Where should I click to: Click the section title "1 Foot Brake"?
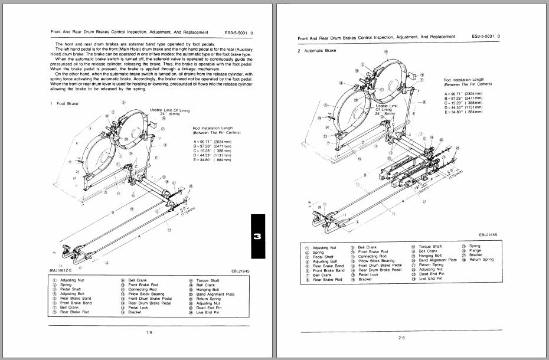coord(66,104)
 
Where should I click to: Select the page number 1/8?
coord(150,333)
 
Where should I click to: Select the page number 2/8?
coord(402,338)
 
